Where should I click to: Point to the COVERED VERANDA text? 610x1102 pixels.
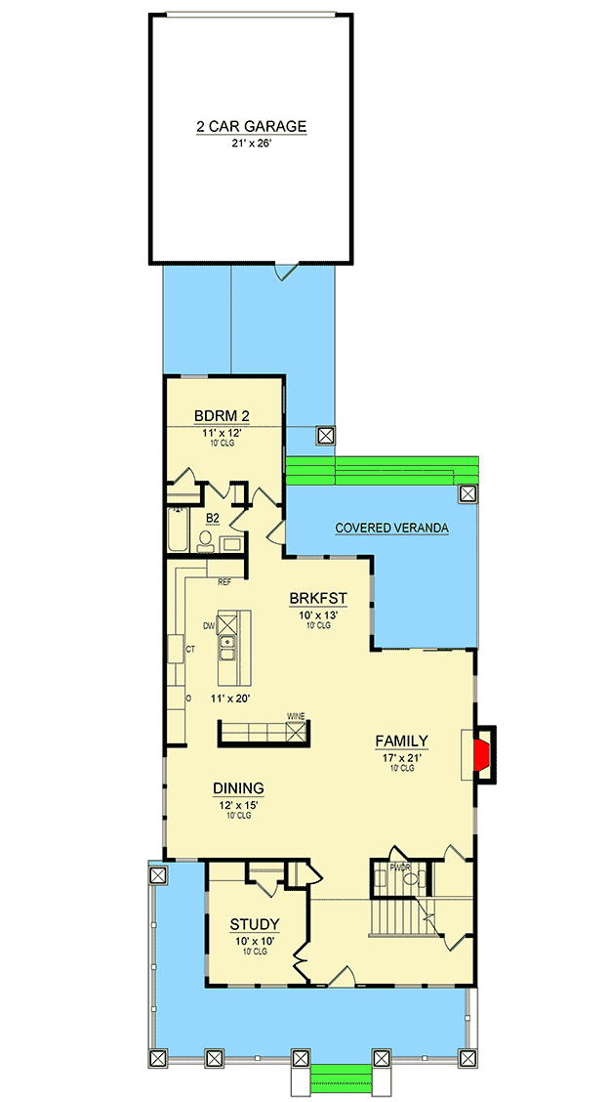point(391,529)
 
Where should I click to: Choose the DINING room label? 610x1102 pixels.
point(238,788)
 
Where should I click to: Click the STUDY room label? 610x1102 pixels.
point(255,924)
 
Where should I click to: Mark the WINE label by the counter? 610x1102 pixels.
point(296,717)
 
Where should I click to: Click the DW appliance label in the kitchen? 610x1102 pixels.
point(208,625)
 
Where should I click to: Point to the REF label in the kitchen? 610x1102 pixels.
point(224,582)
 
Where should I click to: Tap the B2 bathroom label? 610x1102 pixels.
point(212,518)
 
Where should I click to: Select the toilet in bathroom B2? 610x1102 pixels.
point(206,539)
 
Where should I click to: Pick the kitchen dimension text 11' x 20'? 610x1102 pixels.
point(230,699)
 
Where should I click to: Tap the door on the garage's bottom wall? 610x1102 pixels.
point(284,271)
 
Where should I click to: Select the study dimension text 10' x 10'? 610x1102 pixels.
point(255,941)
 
